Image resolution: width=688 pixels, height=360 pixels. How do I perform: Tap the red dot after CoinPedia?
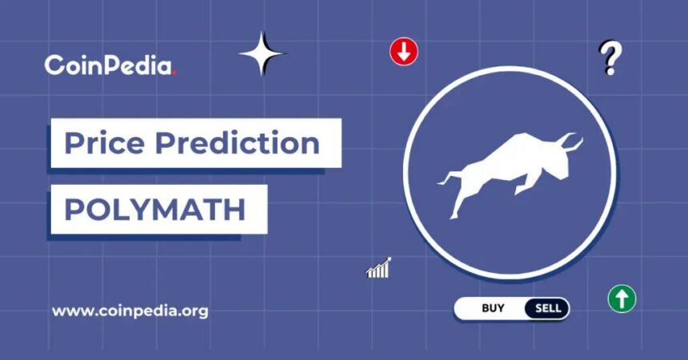point(174,73)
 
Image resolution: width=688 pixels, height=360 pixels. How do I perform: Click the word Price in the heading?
point(105,142)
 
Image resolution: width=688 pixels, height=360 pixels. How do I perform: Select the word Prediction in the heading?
point(238,142)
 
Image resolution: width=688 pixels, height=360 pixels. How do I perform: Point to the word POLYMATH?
point(155,210)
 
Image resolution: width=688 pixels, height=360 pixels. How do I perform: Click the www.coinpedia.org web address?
point(130,311)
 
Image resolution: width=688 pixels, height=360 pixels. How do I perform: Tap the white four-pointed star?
point(262,54)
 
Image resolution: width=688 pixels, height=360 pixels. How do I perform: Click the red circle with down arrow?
point(404,52)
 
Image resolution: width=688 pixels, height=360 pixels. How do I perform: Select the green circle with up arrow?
point(622,298)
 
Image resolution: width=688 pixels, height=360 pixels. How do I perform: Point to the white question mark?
point(610,58)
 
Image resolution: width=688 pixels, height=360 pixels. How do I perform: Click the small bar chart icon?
point(378,268)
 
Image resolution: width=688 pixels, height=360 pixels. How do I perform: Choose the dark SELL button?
point(547,308)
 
